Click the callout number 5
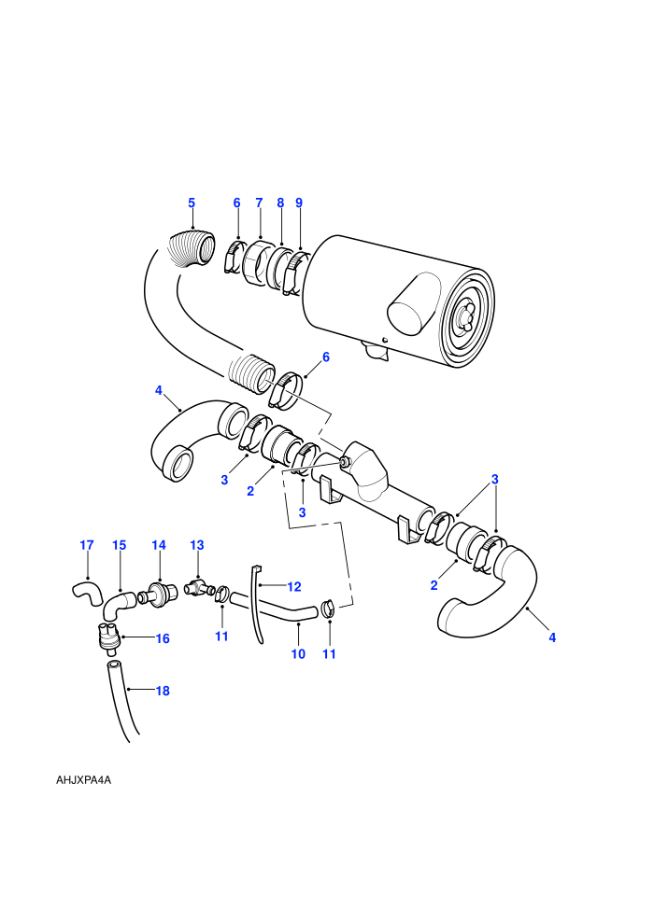pos(192,203)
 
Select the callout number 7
pos(259,203)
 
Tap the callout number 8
pos(280,203)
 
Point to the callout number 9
pos(299,203)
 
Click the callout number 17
pos(87,545)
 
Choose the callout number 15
pos(120,545)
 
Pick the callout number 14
pos(159,545)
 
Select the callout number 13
pos(197,545)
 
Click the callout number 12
pos(294,586)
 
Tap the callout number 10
pos(298,653)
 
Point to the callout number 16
pos(163,638)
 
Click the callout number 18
pos(163,691)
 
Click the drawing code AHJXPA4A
pos(84,780)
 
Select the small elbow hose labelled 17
pos(87,592)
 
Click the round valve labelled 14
pos(159,592)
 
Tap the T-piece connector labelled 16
pos(107,637)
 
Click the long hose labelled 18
pos(122,701)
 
